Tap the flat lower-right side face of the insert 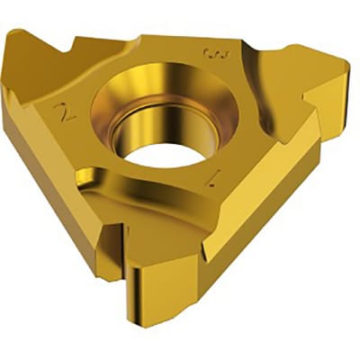tap(270, 225)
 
